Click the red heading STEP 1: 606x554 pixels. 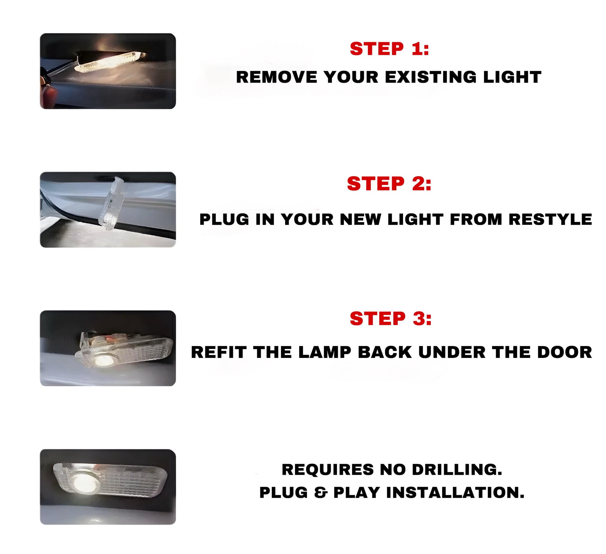(389, 49)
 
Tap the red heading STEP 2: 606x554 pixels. (389, 184)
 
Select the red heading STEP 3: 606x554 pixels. (391, 319)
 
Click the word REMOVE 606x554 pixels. (277, 77)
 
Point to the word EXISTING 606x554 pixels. (431, 77)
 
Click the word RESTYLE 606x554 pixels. (550, 219)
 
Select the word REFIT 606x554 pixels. (219, 352)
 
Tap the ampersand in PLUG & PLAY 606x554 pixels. (321, 493)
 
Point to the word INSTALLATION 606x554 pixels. (455, 493)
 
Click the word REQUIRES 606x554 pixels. (328, 470)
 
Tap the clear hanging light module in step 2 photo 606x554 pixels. (111, 203)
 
